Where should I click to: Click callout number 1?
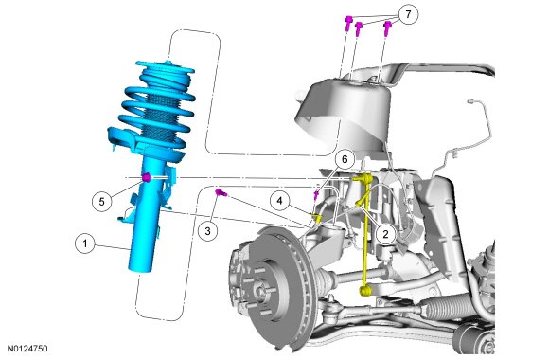coord(85,243)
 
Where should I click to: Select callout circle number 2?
coord(386,234)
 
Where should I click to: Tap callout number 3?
coord(208,231)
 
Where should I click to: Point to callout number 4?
coord(279,201)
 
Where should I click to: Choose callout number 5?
coord(102,202)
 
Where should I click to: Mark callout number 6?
coord(345,159)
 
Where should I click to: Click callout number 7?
coord(408,15)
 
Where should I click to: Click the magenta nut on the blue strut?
coord(147,177)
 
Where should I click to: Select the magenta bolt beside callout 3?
coord(221,192)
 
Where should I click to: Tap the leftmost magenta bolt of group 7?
coord(348,23)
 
